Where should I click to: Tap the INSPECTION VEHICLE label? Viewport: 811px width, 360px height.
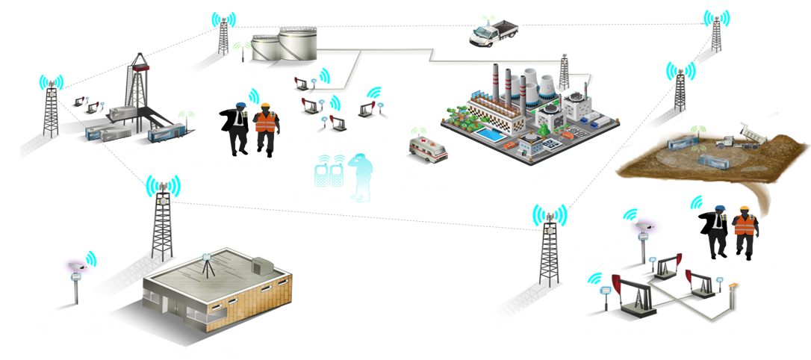coord(493,55)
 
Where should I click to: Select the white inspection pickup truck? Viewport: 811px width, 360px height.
coord(493,32)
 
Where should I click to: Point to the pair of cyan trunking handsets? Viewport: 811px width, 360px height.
coord(329,173)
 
